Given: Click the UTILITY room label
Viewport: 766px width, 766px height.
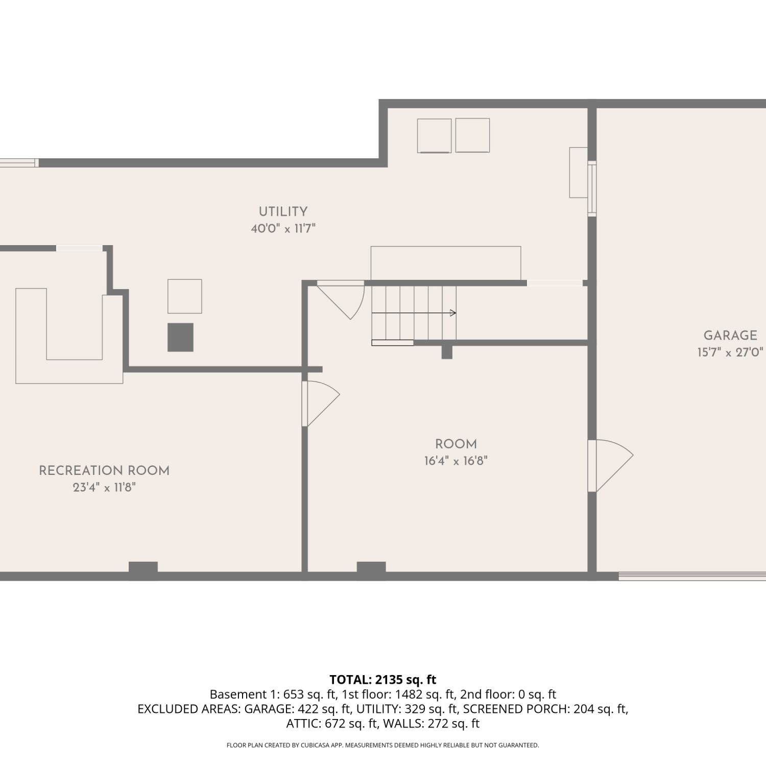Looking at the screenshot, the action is point(283,211).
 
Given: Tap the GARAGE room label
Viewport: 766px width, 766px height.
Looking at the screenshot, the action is point(730,336).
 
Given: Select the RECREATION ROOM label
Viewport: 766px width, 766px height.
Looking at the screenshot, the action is point(104,470).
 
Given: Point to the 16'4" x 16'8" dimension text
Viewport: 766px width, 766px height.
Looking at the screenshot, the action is point(456,461).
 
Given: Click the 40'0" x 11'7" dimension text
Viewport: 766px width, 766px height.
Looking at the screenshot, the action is point(283,228).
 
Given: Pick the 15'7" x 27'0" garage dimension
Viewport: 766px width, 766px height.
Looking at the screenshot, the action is point(730,352).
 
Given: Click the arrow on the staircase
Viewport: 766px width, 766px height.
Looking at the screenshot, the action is point(414,313).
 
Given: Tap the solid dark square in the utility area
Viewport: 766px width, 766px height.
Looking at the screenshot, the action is point(180,337).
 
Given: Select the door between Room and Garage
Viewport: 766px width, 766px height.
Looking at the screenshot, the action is point(610,466).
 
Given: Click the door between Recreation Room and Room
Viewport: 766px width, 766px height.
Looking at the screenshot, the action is point(321,403).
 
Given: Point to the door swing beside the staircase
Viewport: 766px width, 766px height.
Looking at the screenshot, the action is point(341,300).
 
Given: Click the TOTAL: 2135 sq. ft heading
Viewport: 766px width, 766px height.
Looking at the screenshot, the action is point(383,680).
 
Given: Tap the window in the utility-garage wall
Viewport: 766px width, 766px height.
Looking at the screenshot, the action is point(592,188).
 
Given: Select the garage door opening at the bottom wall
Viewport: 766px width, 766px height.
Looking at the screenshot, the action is point(692,576).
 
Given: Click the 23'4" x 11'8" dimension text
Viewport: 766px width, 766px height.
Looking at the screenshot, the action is point(104,487).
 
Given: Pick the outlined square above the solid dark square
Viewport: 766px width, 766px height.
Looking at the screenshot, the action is point(185,296).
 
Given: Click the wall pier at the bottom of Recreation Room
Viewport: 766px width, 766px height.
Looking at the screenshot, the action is point(143,567).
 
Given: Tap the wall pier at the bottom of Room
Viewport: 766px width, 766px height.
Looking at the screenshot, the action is point(371,567).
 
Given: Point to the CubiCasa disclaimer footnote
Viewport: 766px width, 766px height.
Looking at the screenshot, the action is point(383,745).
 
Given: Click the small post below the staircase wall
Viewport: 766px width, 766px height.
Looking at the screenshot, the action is point(447,352).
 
